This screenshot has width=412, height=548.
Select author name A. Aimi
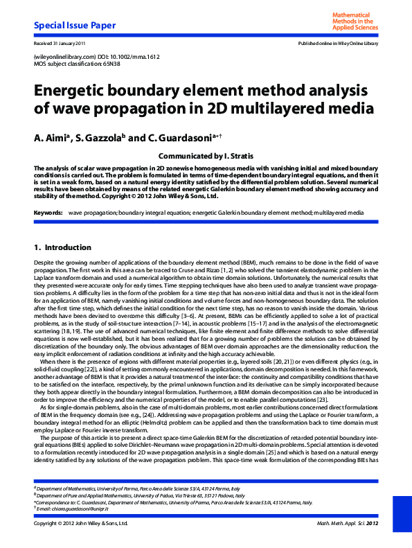[x=53, y=138]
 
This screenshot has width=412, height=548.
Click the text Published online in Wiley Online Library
[x=338, y=44]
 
